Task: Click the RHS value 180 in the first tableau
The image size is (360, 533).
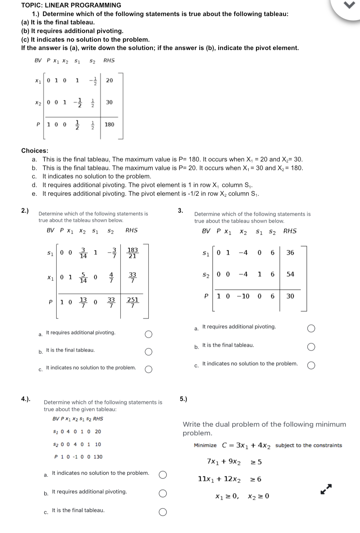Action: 109,125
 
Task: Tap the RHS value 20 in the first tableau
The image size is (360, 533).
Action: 109,80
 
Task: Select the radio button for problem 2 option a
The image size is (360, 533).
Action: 148,335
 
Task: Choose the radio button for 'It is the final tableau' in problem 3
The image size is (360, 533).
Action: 311,347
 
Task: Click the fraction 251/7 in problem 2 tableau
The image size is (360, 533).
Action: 133,302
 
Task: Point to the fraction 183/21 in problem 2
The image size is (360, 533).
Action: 133,253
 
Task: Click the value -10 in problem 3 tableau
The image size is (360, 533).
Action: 243,296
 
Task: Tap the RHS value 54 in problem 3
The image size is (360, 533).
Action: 290,274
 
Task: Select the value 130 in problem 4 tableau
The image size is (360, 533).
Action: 98,457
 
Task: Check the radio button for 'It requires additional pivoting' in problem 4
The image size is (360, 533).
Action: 163,494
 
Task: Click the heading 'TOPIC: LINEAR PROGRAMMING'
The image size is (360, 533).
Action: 71,5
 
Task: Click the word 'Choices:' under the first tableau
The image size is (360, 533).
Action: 35,151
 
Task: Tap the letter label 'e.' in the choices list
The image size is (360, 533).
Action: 34,194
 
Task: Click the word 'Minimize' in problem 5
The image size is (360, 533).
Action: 205,446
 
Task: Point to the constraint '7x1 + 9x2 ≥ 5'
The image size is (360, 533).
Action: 234,462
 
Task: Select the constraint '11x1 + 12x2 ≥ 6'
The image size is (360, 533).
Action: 229,479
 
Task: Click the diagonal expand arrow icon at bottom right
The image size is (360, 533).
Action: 326,489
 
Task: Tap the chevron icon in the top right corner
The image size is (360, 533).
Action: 351,5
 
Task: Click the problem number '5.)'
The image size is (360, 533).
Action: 183,399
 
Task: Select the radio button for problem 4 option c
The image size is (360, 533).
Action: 163,513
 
